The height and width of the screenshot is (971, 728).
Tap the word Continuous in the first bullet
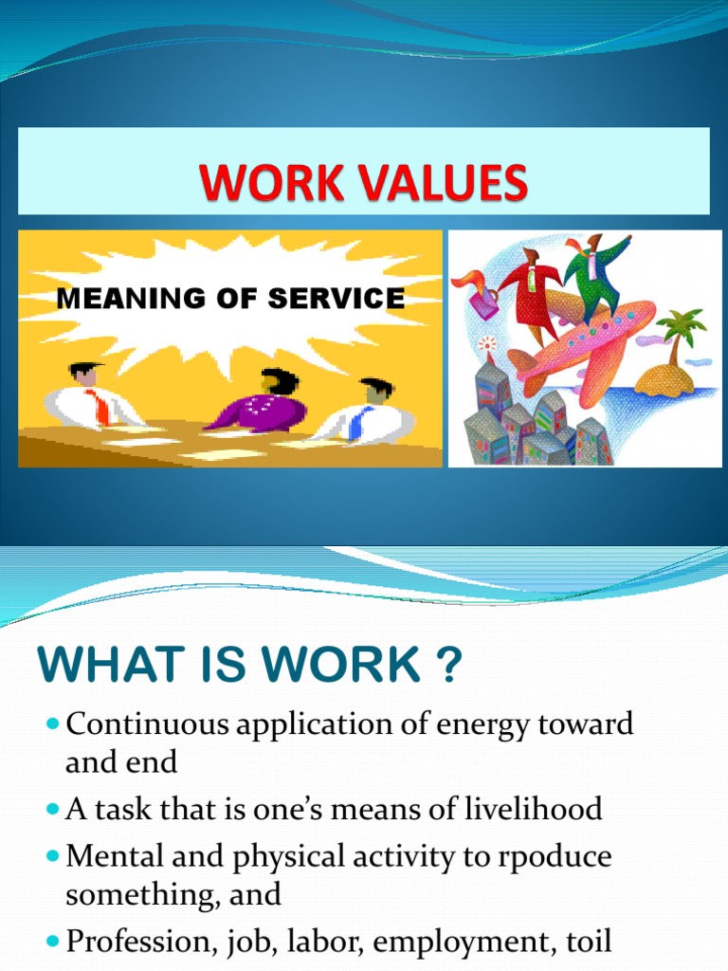(143, 725)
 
